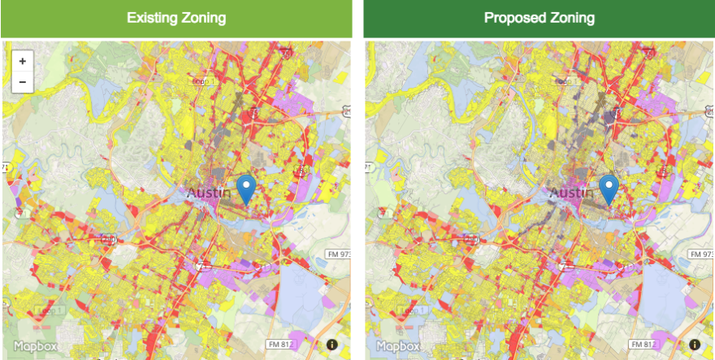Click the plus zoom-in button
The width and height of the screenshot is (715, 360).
pos(22,61)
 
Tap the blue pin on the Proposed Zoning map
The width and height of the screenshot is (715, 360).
pos(609,189)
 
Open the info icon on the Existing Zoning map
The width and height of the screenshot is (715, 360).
pos(332,345)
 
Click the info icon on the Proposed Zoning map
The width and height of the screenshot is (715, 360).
pos(695,345)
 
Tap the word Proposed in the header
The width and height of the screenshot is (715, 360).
pos(513,18)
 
